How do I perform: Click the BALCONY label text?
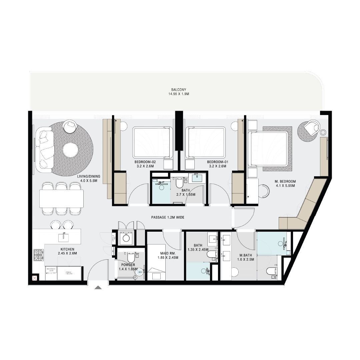[x=178, y=90]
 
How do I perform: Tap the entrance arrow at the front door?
[x=98, y=288]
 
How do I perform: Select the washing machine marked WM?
[x=126, y=238]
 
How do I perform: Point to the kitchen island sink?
[x=63, y=237]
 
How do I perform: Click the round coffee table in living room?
[x=70, y=150]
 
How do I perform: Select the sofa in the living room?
[x=45, y=149]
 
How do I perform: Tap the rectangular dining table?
[x=61, y=199]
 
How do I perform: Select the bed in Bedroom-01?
[x=205, y=142]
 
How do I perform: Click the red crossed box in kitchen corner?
[x=34, y=277]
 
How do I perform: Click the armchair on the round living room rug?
[x=70, y=126]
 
